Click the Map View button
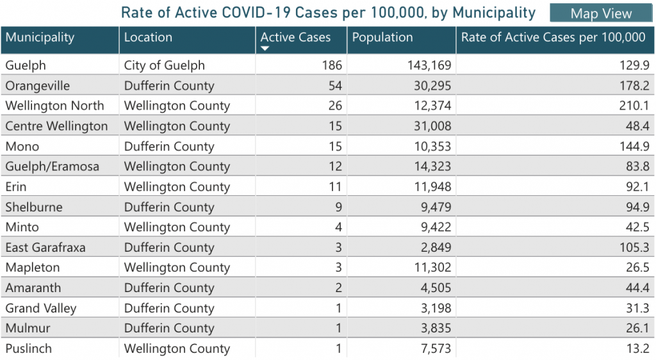point(601,13)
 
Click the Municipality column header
point(40,38)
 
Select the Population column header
point(382,38)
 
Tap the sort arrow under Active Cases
point(265,48)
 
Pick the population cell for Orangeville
point(430,86)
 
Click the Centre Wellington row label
point(56,126)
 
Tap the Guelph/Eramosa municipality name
point(52,167)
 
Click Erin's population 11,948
point(430,187)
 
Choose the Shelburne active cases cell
point(338,207)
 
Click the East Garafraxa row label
point(45,247)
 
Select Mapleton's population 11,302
point(430,268)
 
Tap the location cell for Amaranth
point(169,288)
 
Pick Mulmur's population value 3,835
point(434,329)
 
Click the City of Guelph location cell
point(165,65)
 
